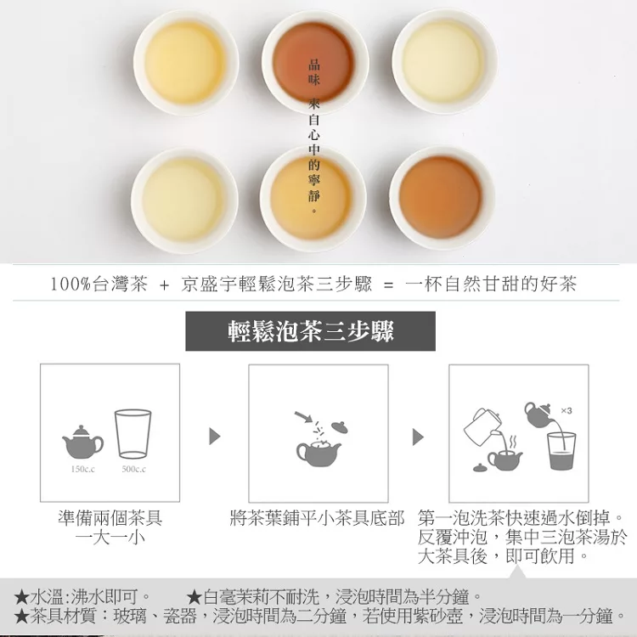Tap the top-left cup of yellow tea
tap(186, 63)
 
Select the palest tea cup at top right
tap(444, 62)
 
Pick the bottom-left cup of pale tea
tap(184, 200)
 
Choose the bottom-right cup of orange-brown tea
tap(442, 198)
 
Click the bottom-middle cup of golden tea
tap(313, 199)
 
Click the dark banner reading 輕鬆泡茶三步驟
tap(310, 331)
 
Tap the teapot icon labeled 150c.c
tap(83, 442)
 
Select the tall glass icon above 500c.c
tap(132, 434)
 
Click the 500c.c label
tap(133, 469)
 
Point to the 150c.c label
tap(83, 469)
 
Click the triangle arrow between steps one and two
tap(215, 437)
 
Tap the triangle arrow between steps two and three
tap(418, 437)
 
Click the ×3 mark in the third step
tap(567, 411)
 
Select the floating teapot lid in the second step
tap(340, 426)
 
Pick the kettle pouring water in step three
tap(482, 426)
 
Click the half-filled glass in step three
tap(561, 451)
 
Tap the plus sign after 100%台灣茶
tap(164, 285)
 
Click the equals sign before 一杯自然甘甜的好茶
tap(389, 285)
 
